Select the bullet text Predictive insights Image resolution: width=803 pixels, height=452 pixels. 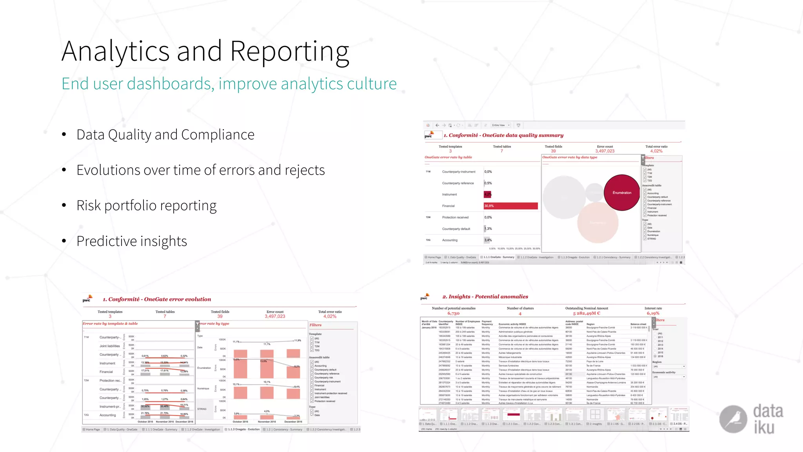pos(132,241)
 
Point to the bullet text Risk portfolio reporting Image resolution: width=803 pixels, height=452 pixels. pos(146,206)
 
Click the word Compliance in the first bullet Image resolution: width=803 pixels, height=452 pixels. pos(218,135)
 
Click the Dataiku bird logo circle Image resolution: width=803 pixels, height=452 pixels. pos(733,419)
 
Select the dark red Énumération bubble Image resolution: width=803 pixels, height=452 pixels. pos(622,193)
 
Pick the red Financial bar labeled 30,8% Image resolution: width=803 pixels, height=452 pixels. pos(511,206)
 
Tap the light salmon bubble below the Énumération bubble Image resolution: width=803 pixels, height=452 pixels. pos(598,222)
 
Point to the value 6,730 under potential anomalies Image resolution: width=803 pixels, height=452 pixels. pos(453,313)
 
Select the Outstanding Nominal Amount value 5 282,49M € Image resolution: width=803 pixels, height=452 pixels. pos(587,313)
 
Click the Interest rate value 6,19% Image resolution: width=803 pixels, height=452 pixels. pos(653,313)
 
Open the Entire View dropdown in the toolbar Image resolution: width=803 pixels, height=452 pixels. pos(501,125)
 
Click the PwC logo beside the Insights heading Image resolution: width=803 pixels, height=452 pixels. pos(425,297)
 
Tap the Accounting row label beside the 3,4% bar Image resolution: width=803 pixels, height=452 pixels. pos(450,240)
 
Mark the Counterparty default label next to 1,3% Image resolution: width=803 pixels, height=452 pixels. pos(456,229)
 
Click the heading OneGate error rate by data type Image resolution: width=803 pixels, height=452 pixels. pos(570,157)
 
